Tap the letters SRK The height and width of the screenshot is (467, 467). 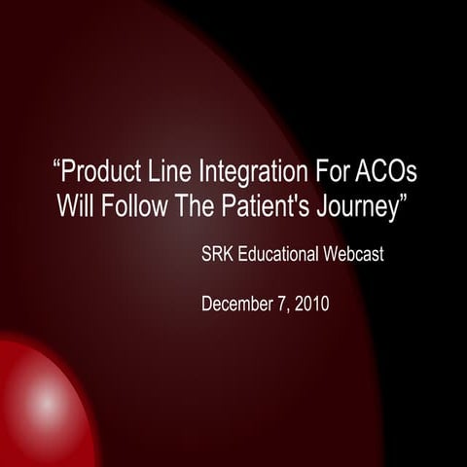(x=219, y=257)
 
